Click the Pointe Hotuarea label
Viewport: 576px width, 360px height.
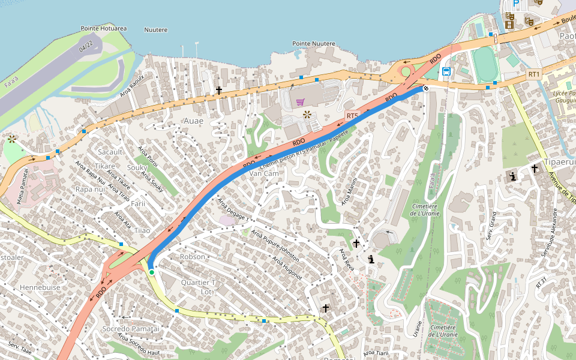pyautogui.click(x=103, y=28)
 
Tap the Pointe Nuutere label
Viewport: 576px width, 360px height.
pyautogui.click(x=313, y=44)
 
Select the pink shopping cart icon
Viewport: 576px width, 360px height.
pyautogui.click(x=300, y=102)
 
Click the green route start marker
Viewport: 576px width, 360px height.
pyautogui.click(x=152, y=272)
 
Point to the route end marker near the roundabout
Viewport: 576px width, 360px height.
pyautogui.click(x=425, y=88)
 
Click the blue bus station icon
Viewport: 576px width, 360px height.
pyautogui.click(x=446, y=71)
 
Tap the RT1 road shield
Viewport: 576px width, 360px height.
pyautogui.click(x=534, y=74)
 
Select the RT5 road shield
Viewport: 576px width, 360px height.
pyautogui.click(x=352, y=115)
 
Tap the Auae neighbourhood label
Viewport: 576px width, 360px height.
pyautogui.click(x=193, y=121)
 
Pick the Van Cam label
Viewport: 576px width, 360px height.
pyautogui.click(x=264, y=173)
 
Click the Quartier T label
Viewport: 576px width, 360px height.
pyautogui.click(x=198, y=283)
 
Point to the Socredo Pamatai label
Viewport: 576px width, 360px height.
pyautogui.click(x=131, y=329)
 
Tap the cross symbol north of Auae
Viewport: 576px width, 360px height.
pyautogui.click(x=219, y=91)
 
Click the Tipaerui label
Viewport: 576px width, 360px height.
pyautogui.click(x=557, y=162)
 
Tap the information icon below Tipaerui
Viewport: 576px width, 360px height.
pyautogui.click(x=513, y=176)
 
